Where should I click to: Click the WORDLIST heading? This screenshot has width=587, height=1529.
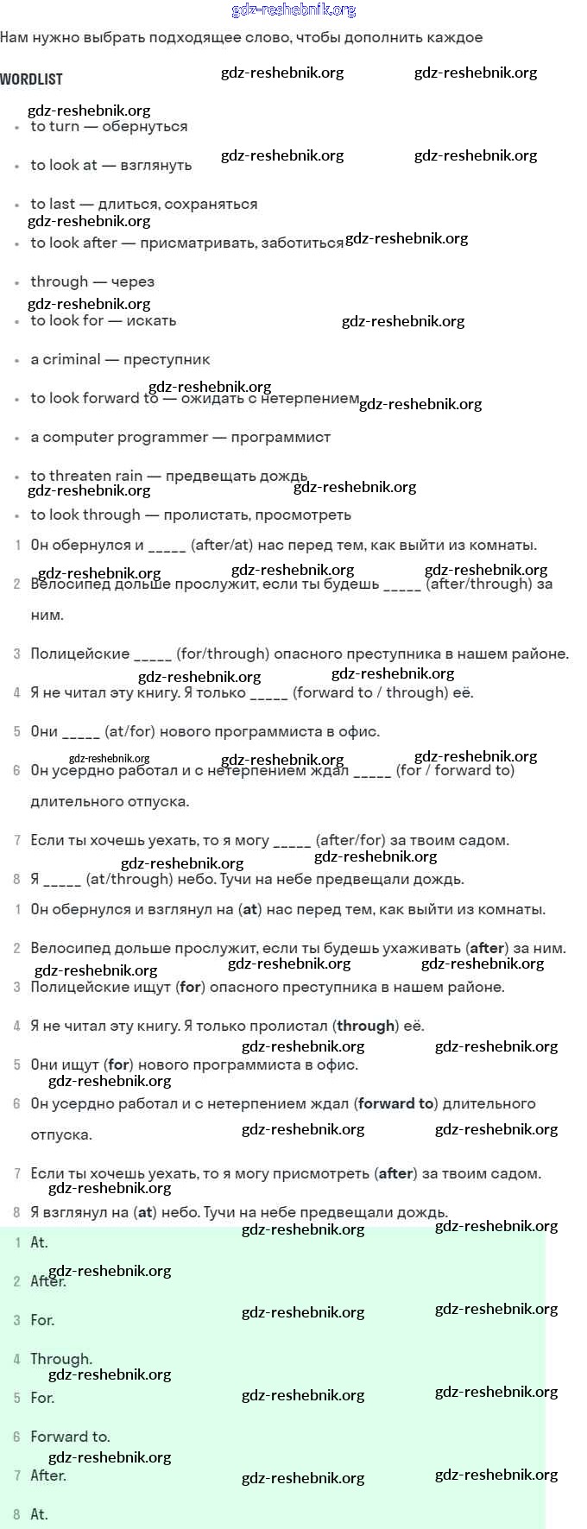coord(31,79)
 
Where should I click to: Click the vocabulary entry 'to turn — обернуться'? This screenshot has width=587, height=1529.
coord(109,126)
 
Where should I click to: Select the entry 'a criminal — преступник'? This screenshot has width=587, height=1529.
coord(120,359)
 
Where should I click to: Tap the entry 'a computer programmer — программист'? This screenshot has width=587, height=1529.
coord(180,437)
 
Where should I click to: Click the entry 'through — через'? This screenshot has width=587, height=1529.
coord(92,281)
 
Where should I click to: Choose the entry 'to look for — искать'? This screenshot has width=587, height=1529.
coord(104,320)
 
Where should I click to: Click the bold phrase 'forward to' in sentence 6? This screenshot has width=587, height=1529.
coord(395,1103)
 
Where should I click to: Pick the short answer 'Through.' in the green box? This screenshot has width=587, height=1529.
coord(61,1359)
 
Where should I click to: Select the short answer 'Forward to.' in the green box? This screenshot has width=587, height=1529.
coord(70,1437)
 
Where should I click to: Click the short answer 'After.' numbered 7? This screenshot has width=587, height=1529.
coord(48,1475)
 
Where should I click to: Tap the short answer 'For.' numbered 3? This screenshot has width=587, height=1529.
coord(42,1320)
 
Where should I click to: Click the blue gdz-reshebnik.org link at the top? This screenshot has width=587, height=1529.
coord(293,10)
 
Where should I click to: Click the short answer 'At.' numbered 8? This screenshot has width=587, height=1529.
coord(40,1514)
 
